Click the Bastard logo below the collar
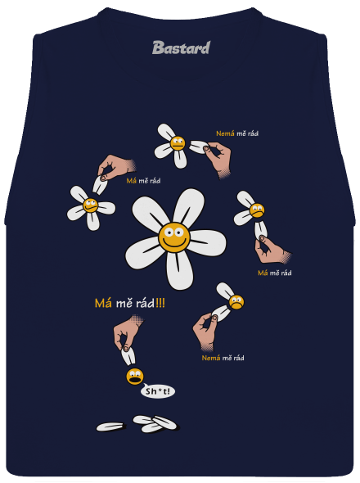[181, 47]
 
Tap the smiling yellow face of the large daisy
[174, 237]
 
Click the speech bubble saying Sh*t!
[157, 391]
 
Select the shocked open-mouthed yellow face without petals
[134, 376]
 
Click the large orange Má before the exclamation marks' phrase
[103, 303]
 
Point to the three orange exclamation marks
[160, 303]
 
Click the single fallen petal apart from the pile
[111, 427]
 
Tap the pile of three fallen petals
[155, 423]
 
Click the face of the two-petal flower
[236, 302]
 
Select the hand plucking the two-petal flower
[205, 332]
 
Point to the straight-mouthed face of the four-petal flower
[178, 143]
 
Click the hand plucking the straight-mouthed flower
[218, 158]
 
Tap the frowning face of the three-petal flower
[257, 210]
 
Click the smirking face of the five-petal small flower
[90, 205]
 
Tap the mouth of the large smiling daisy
[174, 244]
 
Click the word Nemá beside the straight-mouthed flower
[225, 133]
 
